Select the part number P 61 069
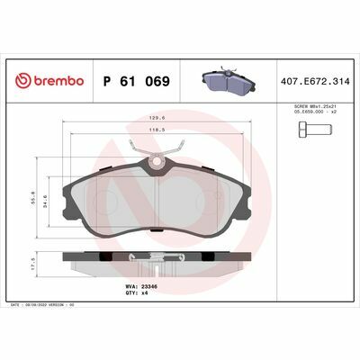click(136, 81)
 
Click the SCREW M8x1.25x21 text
click(318, 111)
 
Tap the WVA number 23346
click(144, 284)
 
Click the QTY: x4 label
click(137, 292)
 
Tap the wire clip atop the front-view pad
click(158, 148)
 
